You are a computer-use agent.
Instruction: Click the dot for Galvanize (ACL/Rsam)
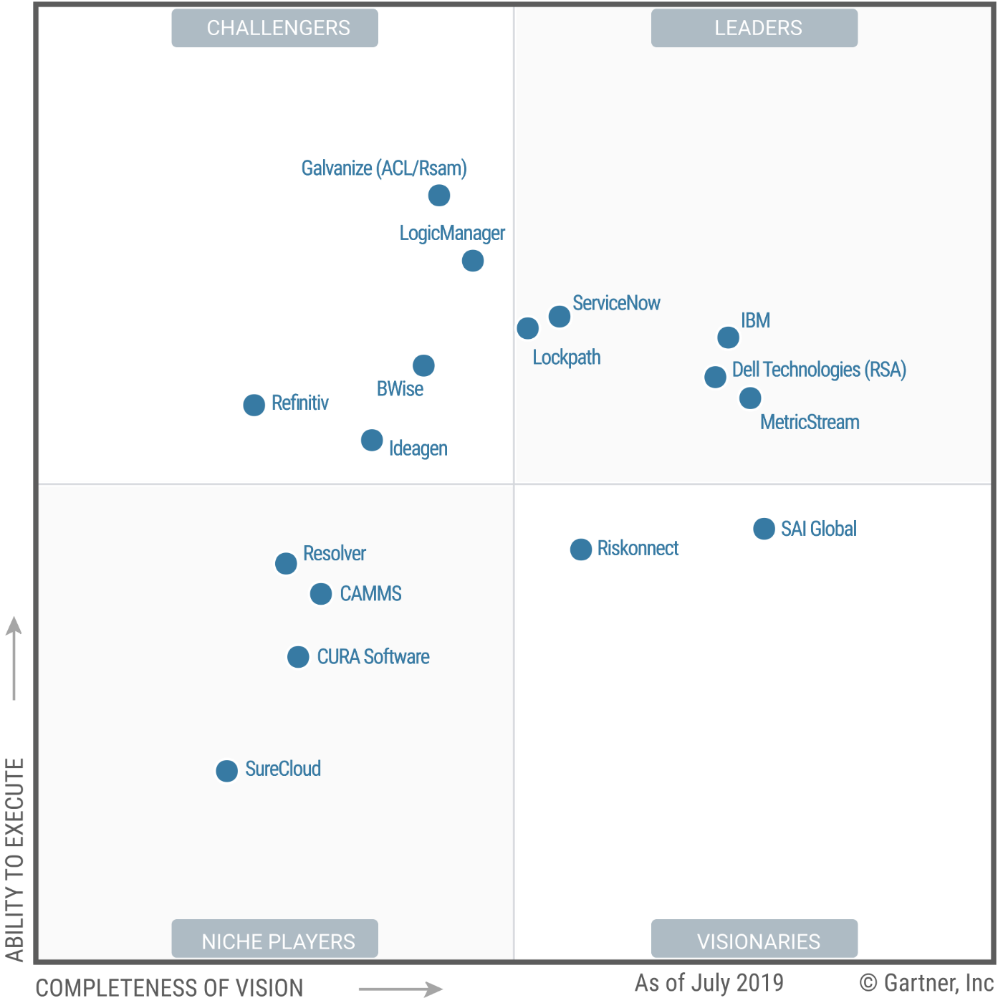click(439, 195)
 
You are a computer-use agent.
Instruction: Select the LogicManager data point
click(473, 261)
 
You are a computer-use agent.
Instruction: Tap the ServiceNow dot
click(560, 316)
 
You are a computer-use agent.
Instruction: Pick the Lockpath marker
click(528, 328)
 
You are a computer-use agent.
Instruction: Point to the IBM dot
click(729, 337)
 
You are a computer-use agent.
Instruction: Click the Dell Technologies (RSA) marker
click(715, 377)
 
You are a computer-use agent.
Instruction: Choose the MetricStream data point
click(750, 398)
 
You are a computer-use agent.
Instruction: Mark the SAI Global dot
click(764, 529)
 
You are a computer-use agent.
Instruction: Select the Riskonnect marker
click(581, 550)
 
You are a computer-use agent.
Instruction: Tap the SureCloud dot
click(227, 771)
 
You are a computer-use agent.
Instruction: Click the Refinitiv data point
click(254, 405)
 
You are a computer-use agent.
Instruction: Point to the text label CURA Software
click(373, 657)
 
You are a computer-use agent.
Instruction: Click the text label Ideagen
click(418, 448)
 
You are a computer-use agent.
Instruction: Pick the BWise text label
click(400, 389)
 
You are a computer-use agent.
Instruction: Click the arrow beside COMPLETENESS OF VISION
click(400, 989)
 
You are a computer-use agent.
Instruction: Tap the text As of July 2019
click(709, 982)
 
